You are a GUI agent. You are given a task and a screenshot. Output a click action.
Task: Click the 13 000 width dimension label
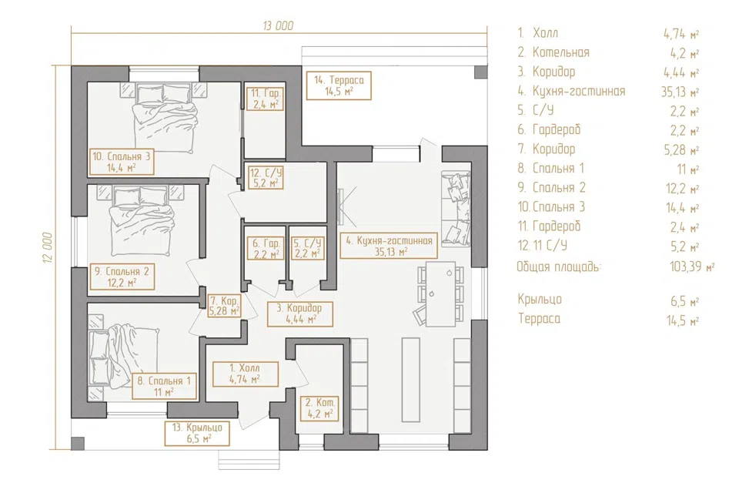click(x=278, y=25)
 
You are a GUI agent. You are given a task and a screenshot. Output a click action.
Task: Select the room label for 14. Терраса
click(x=339, y=86)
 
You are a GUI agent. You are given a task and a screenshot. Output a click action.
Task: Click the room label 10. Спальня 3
click(x=122, y=161)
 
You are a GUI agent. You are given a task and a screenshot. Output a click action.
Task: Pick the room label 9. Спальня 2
click(x=122, y=277)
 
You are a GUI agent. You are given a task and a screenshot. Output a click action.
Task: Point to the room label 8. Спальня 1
click(x=164, y=386)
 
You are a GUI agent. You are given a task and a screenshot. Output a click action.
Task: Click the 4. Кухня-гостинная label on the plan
click(x=389, y=245)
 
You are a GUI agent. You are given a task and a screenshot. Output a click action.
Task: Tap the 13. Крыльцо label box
click(x=197, y=433)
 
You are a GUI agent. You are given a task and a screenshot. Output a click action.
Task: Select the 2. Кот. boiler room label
click(x=320, y=408)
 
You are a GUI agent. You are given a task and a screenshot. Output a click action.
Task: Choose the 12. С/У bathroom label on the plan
click(x=266, y=177)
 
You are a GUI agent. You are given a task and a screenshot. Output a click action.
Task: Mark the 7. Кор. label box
click(x=224, y=305)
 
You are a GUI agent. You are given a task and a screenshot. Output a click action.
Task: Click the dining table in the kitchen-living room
click(x=440, y=294)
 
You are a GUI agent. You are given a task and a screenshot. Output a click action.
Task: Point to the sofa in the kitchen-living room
click(x=456, y=209)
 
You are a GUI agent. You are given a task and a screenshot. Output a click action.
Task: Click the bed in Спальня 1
click(x=125, y=356)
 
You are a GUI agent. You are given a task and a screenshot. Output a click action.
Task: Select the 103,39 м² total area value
click(x=692, y=267)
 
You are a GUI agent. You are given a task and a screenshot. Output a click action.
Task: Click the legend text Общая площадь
click(x=559, y=267)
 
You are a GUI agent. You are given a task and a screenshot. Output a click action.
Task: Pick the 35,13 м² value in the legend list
click(x=680, y=92)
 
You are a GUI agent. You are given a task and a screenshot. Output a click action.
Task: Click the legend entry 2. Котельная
click(x=553, y=52)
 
